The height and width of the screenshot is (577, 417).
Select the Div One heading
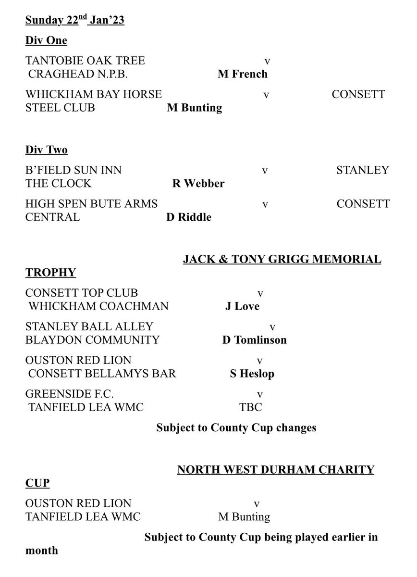click(46, 40)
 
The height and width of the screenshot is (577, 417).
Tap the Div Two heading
click(47, 150)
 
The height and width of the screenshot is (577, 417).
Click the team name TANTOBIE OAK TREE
click(85, 61)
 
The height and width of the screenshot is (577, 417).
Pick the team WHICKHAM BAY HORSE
click(94, 94)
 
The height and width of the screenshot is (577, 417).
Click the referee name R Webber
click(198, 184)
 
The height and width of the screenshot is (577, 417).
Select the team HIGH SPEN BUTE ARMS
click(91, 204)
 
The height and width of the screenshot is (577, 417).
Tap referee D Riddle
click(189, 217)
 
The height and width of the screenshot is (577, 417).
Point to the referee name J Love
click(242, 306)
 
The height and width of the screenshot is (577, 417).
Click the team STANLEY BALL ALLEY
click(89, 326)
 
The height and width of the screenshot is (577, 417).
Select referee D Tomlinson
click(254, 340)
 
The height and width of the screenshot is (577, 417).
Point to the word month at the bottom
click(41, 550)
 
